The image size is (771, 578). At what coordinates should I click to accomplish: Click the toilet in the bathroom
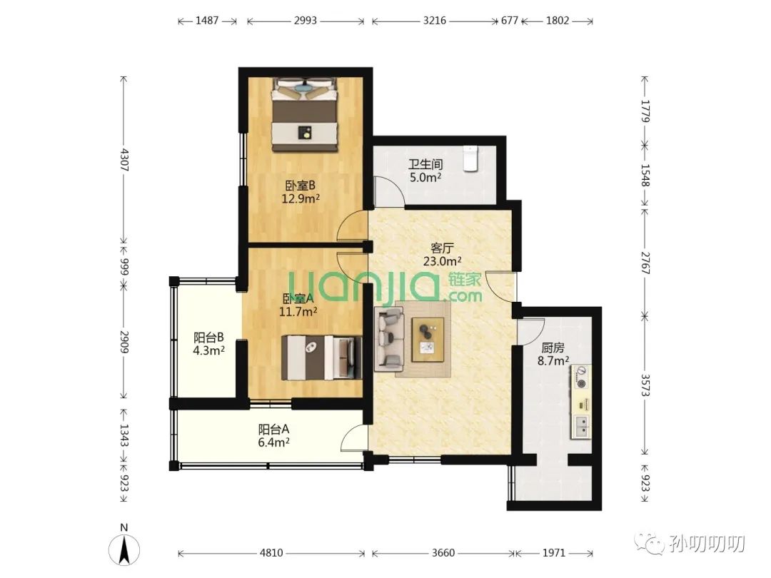click(470, 158)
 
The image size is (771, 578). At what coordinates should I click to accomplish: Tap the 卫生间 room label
click(425, 164)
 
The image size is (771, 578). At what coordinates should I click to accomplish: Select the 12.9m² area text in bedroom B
click(301, 198)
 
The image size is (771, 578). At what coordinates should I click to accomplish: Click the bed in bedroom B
click(306, 114)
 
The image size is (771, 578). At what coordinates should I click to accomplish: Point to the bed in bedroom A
click(321, 358)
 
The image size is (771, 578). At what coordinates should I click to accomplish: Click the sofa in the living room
click(389, 339)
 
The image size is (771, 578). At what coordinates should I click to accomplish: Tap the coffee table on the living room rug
click(428, 340)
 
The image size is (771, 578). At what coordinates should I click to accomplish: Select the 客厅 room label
click(442, 248)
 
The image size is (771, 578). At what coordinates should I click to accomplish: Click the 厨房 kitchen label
click(553, 348)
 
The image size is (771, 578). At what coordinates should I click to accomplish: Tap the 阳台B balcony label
click(208, 338)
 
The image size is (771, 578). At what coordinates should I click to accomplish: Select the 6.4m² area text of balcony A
click(273, 442)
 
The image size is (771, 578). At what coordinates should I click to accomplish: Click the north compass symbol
click(124, 549)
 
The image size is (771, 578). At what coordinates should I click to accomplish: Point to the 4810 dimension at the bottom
click(271, 553)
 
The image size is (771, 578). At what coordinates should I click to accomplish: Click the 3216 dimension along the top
click(435, 21)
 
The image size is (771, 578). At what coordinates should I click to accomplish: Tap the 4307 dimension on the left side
click(124, 160)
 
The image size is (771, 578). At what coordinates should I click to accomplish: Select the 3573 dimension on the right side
click(645, 385)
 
